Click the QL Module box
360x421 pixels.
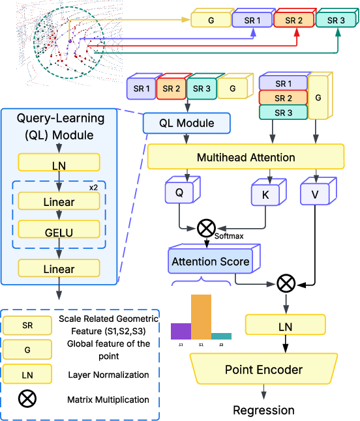187,123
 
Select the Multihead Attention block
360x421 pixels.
246,158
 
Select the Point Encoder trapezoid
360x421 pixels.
263,370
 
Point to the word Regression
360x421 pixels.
263,410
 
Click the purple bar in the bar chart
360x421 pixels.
181,330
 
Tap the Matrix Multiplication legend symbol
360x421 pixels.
27,399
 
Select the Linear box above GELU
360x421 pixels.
59,202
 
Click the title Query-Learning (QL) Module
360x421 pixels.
59,127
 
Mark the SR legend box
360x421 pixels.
27,325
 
